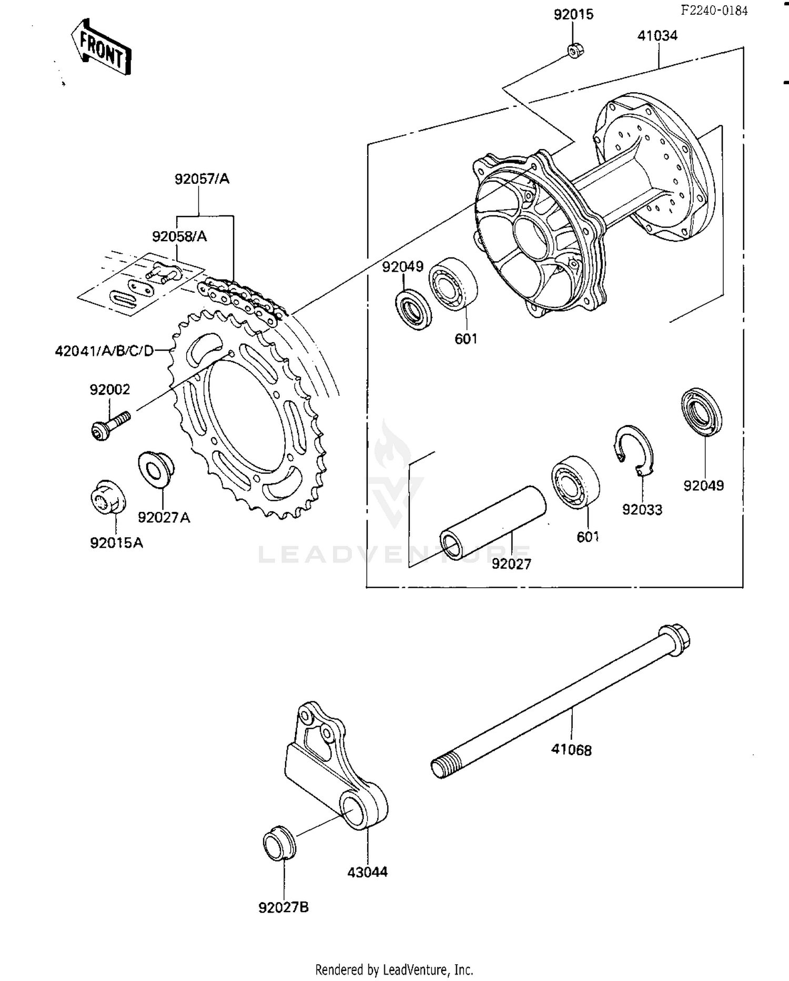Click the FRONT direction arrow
tap(102, 46)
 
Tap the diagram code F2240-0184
tap(714, 10)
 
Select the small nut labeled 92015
tap(575, 51)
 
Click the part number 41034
tap(657, 36)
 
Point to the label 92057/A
tap(202, 179)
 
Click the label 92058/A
tap(179, 236)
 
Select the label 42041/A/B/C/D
tap(104, 351)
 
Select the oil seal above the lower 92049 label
tap(702, 413)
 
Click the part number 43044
tap(367, 873)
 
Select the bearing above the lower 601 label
tap(576, 482)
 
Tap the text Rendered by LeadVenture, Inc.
tap(394, 969)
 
